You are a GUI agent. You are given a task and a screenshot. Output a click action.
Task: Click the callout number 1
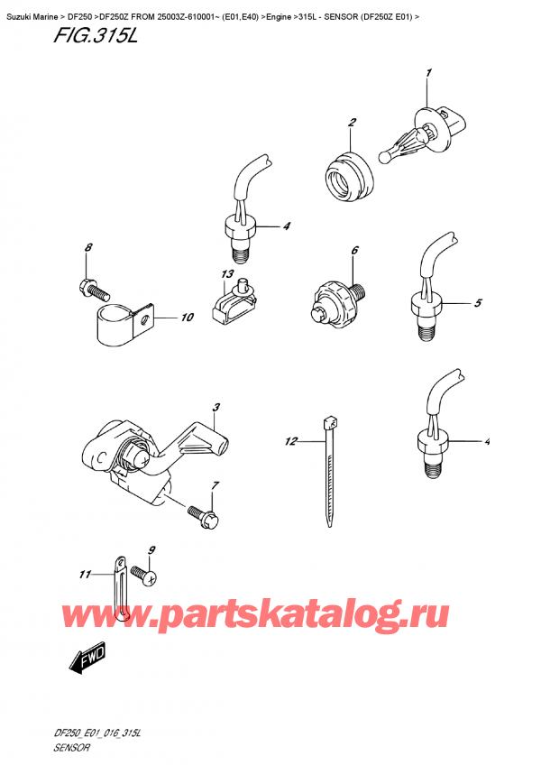pyautogui.click(x=429, y=73)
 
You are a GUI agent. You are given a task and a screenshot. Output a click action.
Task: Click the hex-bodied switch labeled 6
pyautogui.click(x=335, y=299)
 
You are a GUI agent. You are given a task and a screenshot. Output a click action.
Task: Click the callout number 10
pyautogui.click(x=187, y=318)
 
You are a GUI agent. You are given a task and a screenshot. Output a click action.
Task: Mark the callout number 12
pyautogui.click(x=290, y=442)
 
